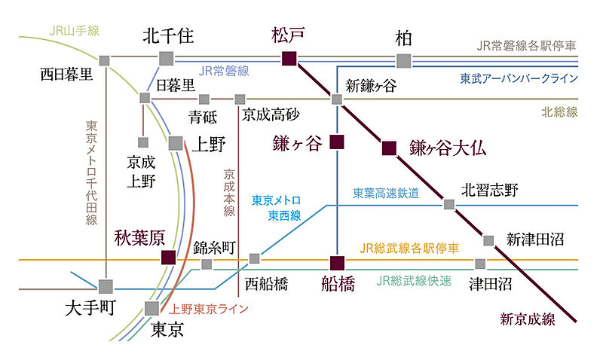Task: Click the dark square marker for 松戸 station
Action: click(x=289, y=59)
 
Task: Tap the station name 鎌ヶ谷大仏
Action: click(x=447, y=148)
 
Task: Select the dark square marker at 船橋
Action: click(x=337, y=262)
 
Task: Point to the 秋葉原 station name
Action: click(x=139, y=239)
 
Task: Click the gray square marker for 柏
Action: click(x=404, y=60)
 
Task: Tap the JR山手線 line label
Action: click(x=74, y=32)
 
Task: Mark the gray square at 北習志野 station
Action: click(x=449, y=204)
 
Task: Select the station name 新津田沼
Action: click(x=535, y=239)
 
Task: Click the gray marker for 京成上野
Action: click(x=142, y=142)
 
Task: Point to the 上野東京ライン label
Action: click(x=209, y=309)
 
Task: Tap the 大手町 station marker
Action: click(x=106, y=286)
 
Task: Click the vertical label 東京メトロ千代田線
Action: click(x=92, y=172)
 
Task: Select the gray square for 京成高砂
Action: click(x=240, y=99)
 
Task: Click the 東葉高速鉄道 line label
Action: click(x=386, y=194)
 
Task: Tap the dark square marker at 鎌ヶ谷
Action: click(x=337, y=141)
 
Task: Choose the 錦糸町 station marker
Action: click(x=207, y=264)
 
